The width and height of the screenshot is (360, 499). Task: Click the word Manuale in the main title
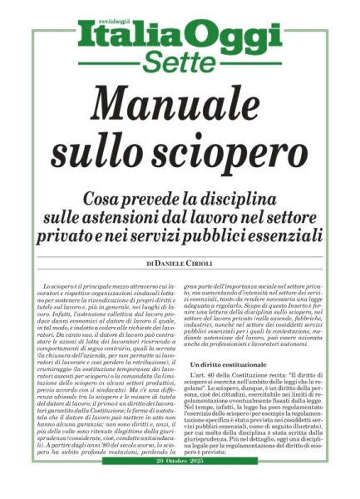click(179, 106)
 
